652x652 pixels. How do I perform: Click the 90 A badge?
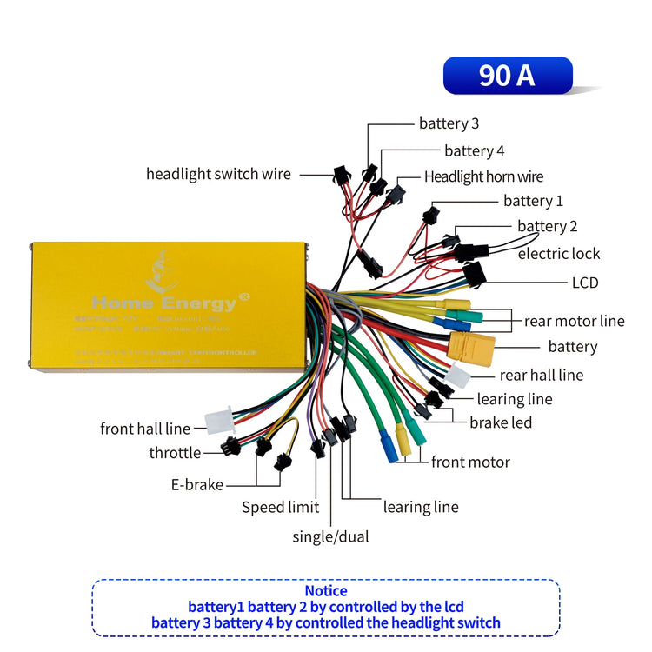point(508,76)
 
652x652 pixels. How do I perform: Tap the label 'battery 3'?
point(449,123)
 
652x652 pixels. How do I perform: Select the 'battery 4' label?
point(474,151)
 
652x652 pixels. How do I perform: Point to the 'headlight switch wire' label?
point(218,174)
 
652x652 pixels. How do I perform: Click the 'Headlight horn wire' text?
point(483,177)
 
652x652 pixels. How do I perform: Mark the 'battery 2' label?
point(548,227)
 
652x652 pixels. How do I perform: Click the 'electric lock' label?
point(559,254)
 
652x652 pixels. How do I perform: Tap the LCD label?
point(584,283)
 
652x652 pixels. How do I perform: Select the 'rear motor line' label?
point(574,322)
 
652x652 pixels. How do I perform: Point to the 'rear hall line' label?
point(541,376)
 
